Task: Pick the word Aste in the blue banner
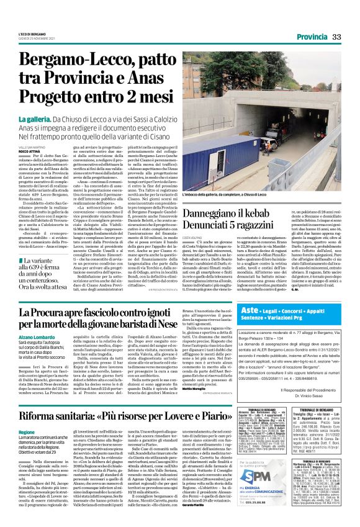tap(248, 309)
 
